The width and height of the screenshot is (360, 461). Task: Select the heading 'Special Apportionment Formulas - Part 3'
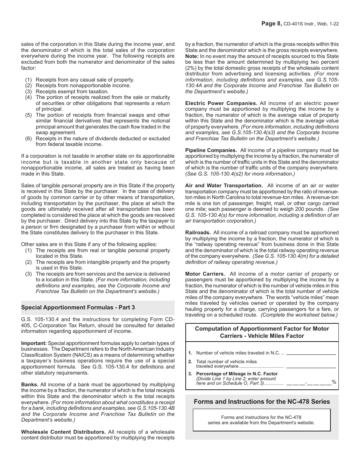(78, 307)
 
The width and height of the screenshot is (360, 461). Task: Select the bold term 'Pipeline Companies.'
(211, 151)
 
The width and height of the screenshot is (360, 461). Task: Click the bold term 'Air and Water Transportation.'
(224, 186)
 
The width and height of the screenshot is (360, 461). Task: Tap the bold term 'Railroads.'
(197, 233)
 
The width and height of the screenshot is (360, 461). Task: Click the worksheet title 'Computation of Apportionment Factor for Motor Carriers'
(262, 332)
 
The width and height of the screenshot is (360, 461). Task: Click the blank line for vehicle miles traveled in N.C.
(311, 353)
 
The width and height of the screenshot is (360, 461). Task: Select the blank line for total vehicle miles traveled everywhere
(311, 367)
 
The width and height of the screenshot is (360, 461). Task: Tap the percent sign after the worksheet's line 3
(334, 382)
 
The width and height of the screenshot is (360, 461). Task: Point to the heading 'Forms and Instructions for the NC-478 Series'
(262, 401)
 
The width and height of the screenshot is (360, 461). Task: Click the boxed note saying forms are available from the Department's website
(261, 420)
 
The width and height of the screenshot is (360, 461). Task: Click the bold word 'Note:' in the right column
(192, 56)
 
